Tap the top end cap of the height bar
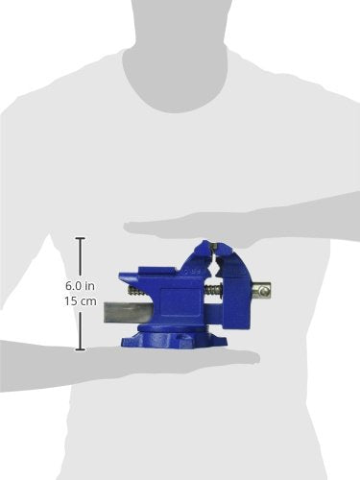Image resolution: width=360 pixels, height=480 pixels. [80, 239]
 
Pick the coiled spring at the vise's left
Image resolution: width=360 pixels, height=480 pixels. [132, 287]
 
